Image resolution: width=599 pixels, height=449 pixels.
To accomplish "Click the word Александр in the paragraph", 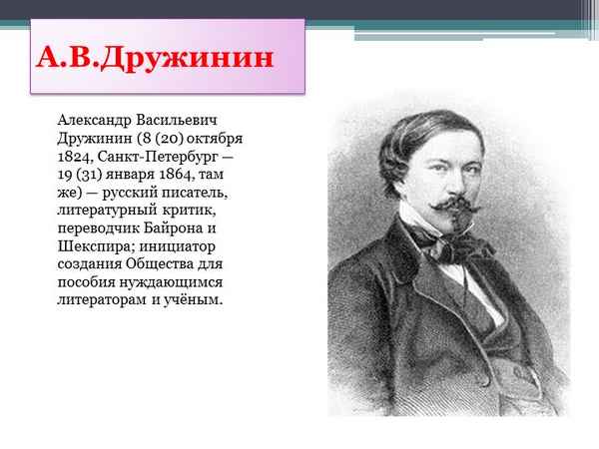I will point(97,118).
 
